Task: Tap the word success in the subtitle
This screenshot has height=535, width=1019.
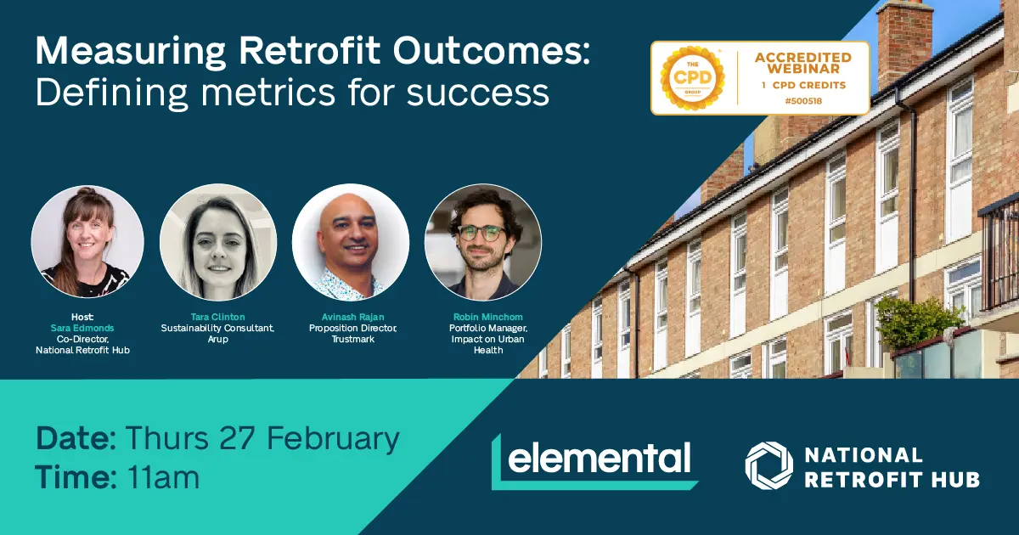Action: (477, 93)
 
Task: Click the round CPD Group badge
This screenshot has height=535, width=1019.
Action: (692, 78)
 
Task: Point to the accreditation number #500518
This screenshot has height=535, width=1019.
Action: (803, 101)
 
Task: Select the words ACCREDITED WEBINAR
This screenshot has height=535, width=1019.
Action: (803, 63)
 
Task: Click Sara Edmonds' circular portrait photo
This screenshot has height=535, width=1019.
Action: (87, 241)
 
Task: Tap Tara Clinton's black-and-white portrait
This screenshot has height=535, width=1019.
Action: (218, 242)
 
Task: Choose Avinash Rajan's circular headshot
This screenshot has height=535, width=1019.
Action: (351, 242)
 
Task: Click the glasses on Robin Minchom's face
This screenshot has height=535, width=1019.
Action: (481, 233)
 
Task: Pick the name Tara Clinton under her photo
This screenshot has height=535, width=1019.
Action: (218, 317)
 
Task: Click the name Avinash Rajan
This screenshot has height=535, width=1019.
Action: (352, 317)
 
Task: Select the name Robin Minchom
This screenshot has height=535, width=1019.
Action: (488, 317)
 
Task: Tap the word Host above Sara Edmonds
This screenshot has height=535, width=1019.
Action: (82, 317)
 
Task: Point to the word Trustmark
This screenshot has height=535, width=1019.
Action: (352, 340)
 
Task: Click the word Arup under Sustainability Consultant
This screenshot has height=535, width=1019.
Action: (218, 340)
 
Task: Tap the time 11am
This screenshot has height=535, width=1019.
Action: (163, 477)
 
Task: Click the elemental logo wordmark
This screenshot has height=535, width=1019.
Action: (599, 458)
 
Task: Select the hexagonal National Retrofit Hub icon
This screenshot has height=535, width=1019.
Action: (768, 465)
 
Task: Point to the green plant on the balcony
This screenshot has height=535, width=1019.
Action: (916, 322)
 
